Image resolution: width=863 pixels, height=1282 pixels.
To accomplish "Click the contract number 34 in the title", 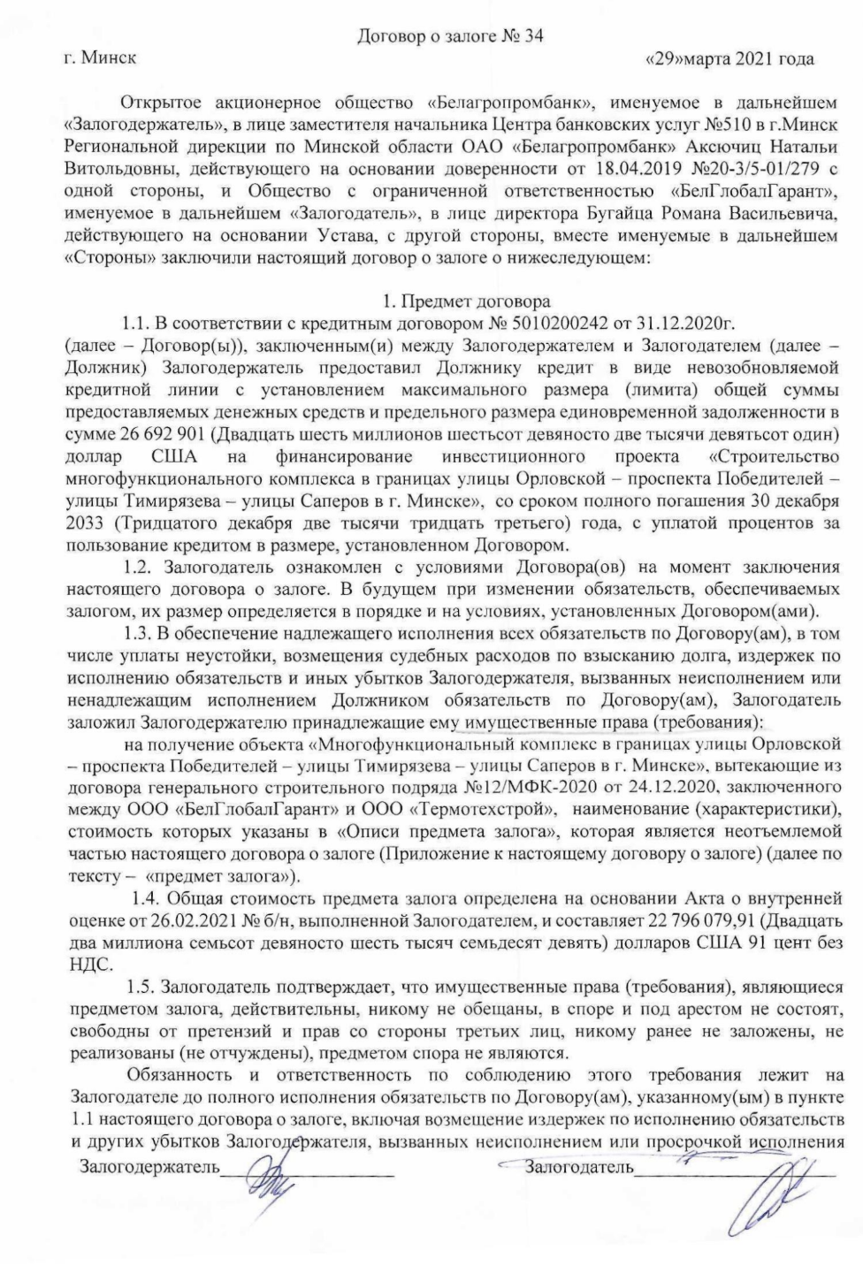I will click(x=533, y=35).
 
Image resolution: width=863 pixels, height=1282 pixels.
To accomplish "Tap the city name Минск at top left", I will click(x=110, y=59).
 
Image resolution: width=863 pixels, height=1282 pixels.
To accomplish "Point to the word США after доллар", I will click(x=175, y=457).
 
